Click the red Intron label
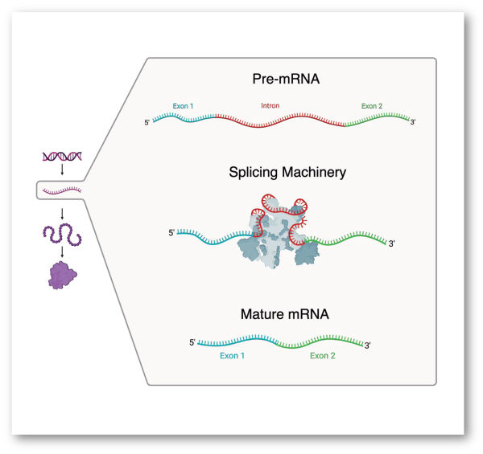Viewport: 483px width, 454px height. pyautogui.click(x=270, y=105)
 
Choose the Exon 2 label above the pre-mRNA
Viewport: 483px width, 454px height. pyautogui.click(x=372, y=105)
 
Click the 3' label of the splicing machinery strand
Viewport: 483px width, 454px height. pyautogui.click(x=392, y=243)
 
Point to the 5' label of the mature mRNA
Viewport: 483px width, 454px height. pyautogui.click(x=192, y=342)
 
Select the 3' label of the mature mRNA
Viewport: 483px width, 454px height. pyautogui.click(x=368, y=346)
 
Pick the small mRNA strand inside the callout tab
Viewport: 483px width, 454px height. pyautogui.click(x=61, y=190)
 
